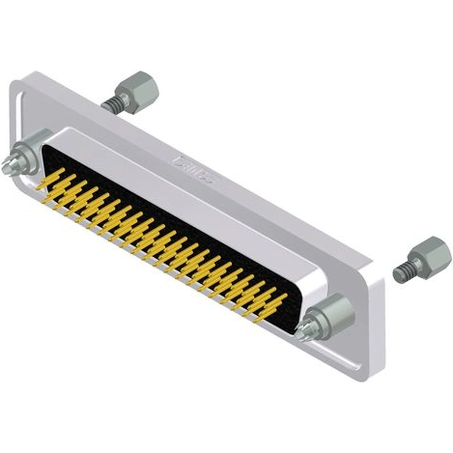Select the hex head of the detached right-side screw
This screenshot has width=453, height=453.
[430, 258]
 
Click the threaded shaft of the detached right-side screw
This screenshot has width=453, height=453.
[404, 272]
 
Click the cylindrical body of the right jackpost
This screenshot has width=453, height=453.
[330, 314]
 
